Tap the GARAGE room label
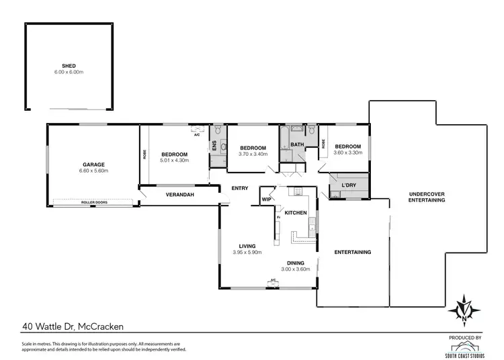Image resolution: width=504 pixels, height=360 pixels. coord(94,164)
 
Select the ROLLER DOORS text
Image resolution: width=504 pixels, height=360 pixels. coord(94,201)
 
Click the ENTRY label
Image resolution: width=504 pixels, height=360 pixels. coord(240,188)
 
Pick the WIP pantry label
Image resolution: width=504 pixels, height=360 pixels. coord(266,199)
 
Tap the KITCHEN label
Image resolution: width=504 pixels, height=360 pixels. coord(296,213)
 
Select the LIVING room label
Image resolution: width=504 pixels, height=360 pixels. coord(247,246)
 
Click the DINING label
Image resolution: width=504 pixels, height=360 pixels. coord(295,263)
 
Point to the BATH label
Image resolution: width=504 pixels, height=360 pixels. coord(298,144)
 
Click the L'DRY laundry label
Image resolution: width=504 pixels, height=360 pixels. coord(348,185)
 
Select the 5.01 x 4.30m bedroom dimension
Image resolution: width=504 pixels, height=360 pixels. coord(174,161)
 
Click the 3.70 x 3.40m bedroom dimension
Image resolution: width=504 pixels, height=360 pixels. coord(253,154)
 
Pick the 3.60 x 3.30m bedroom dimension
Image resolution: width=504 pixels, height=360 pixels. coord(348,152)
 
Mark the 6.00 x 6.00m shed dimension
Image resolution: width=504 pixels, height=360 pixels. coord(68,72)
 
